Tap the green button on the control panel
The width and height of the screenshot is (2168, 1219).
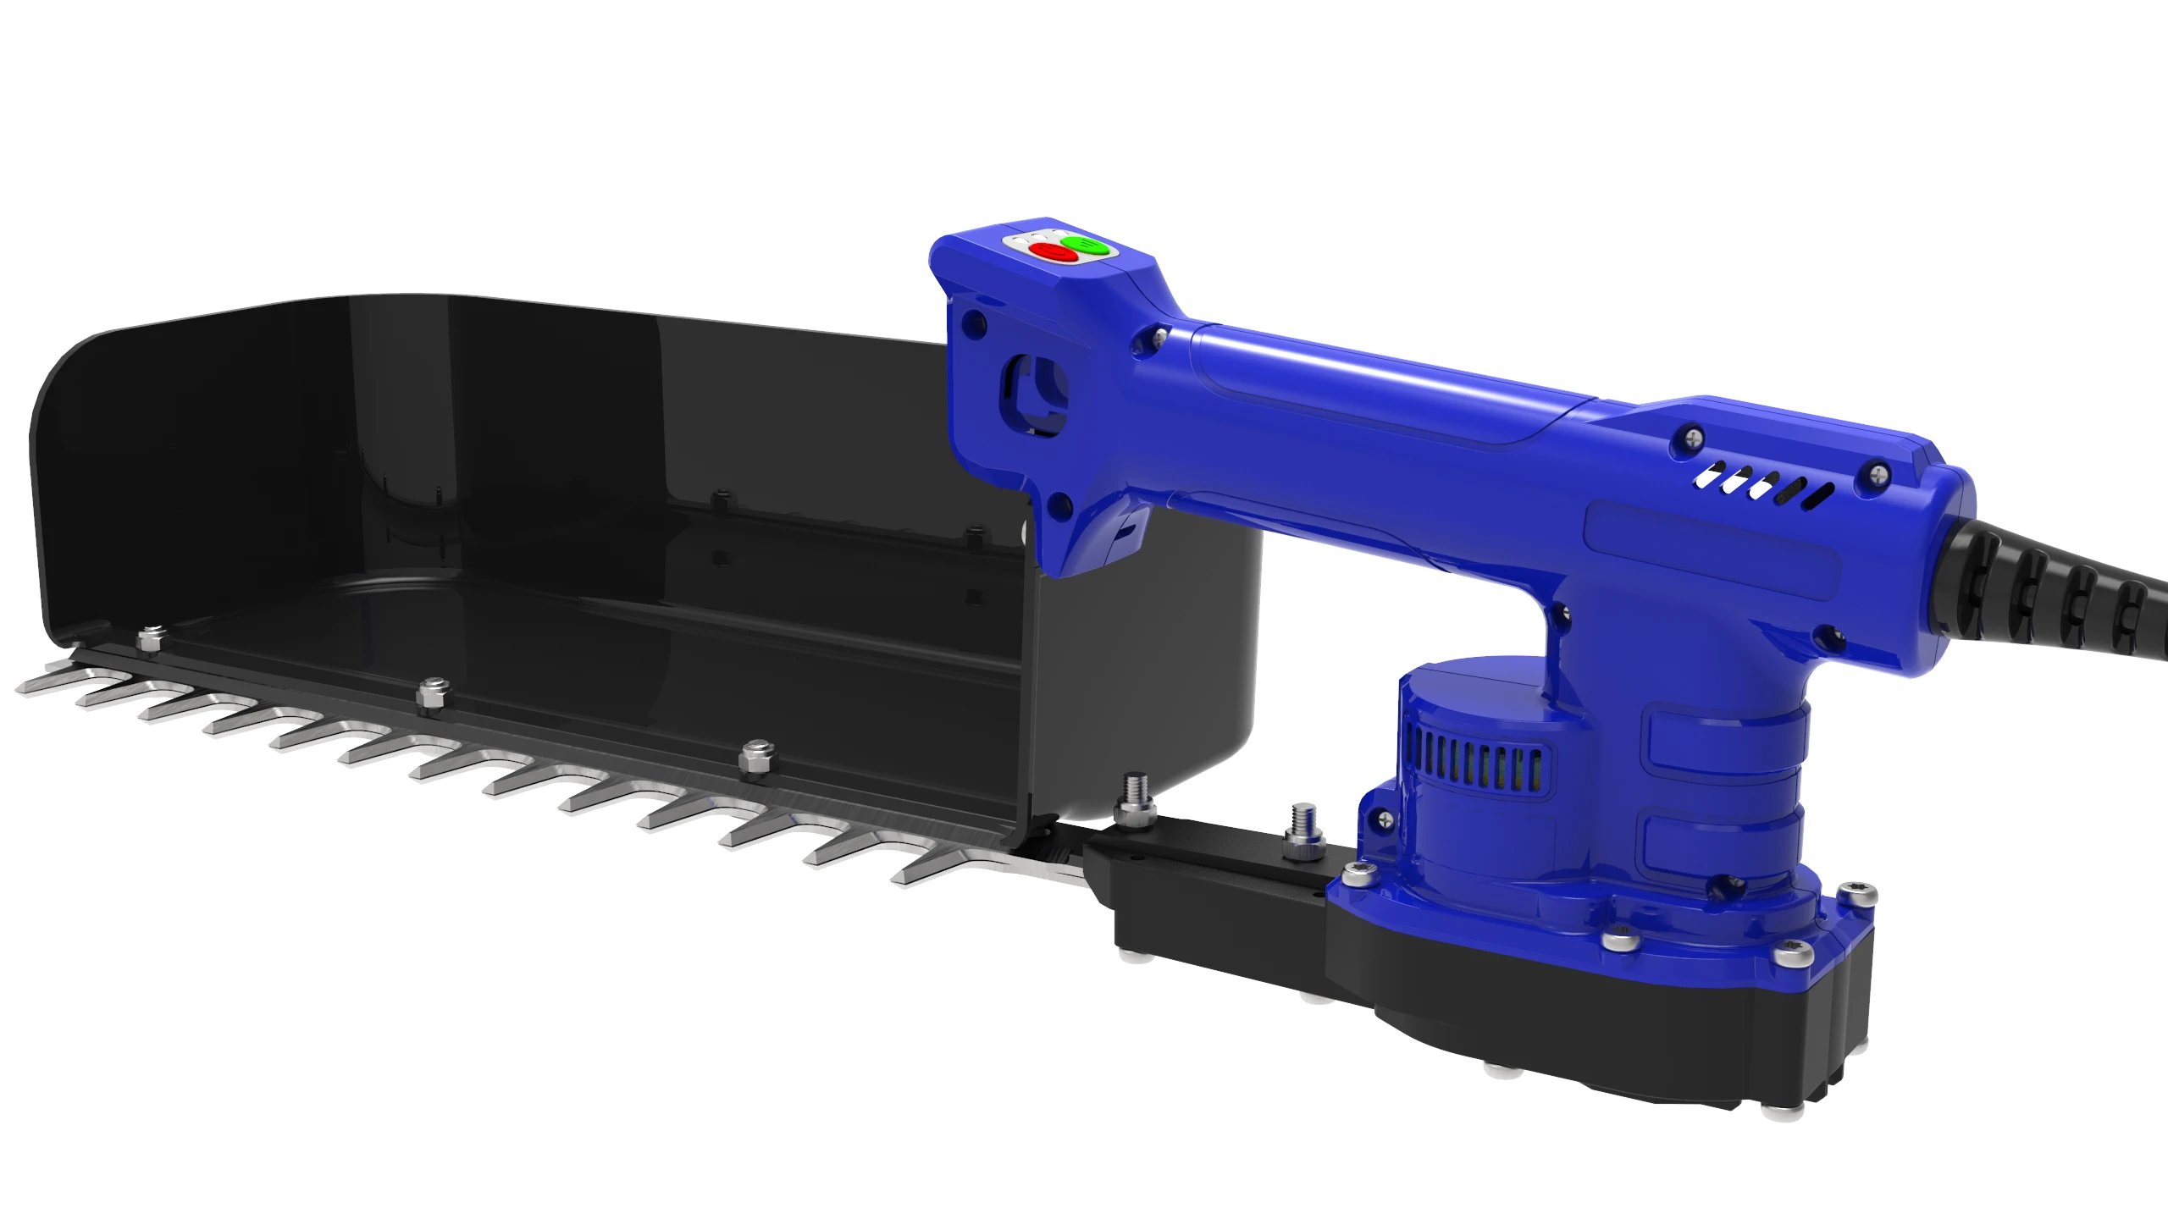click(x=1085, y=245)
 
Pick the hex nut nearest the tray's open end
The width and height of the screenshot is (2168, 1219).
click(x=756, y=756)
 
